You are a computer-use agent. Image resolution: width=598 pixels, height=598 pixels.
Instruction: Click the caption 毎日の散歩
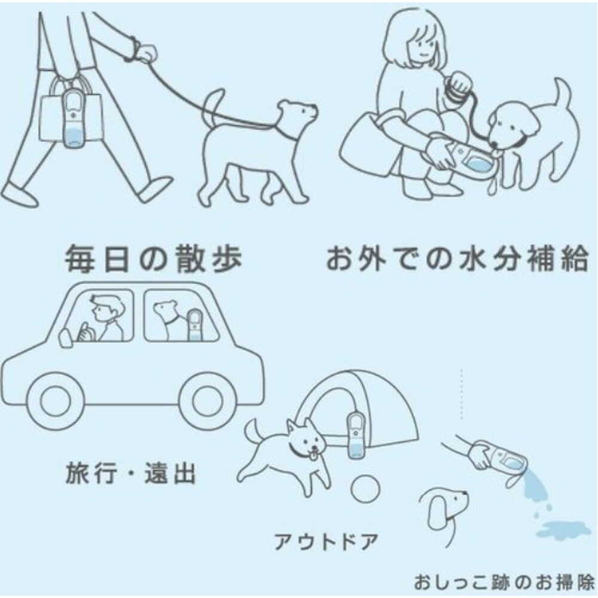pyautogui.click(x=153, y=259)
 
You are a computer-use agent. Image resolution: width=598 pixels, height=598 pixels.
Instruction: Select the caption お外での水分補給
pyautogui.click(x=457, y=259)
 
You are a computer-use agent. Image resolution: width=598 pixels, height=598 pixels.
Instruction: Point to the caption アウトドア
pyautogui.click(x=326, y=542)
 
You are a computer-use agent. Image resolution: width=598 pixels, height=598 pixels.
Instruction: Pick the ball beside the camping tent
pyautogui.click(x=365, y=488)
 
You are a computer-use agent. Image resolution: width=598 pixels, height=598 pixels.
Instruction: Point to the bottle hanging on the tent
pyautogui.click(x=355, y=435)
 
